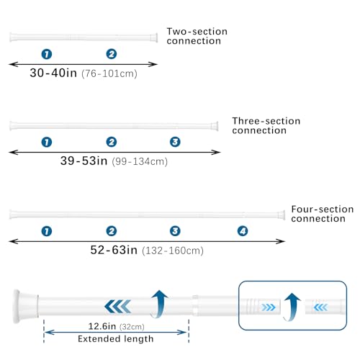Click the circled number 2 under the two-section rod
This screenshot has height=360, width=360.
click(x=112, y=54)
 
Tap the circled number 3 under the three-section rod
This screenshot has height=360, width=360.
click(x=175, y=142)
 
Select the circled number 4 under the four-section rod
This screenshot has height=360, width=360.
click(x=243, y=231)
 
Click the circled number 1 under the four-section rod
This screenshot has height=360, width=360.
click(x=47, y=231)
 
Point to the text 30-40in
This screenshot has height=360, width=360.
click(x=53, y=73)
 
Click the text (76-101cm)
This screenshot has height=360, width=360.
click(x=109, y=73)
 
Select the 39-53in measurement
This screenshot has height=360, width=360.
click(x=84, y=161)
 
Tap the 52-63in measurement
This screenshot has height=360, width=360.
click(x=114, y=250)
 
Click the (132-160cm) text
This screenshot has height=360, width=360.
click(x=173, y=251)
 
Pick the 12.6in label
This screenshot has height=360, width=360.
click(x=102, y=326)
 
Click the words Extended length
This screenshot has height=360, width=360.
click(x=116, y=339)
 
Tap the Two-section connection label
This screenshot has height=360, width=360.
click(x=197, y=36)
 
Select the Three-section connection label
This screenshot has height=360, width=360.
click(x=266, y=125)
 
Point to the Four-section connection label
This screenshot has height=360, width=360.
click(x=323, y=214)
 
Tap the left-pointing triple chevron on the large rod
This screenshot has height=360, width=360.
click(x=117, y=307)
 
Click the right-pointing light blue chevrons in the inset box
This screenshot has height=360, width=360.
click(x=269, y=307)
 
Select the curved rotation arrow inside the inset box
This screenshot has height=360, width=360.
click(x=292, y=307)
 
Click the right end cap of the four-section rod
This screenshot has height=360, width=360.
click(x=282, y=215)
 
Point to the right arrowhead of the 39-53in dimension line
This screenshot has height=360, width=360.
click(x=216, y=152)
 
